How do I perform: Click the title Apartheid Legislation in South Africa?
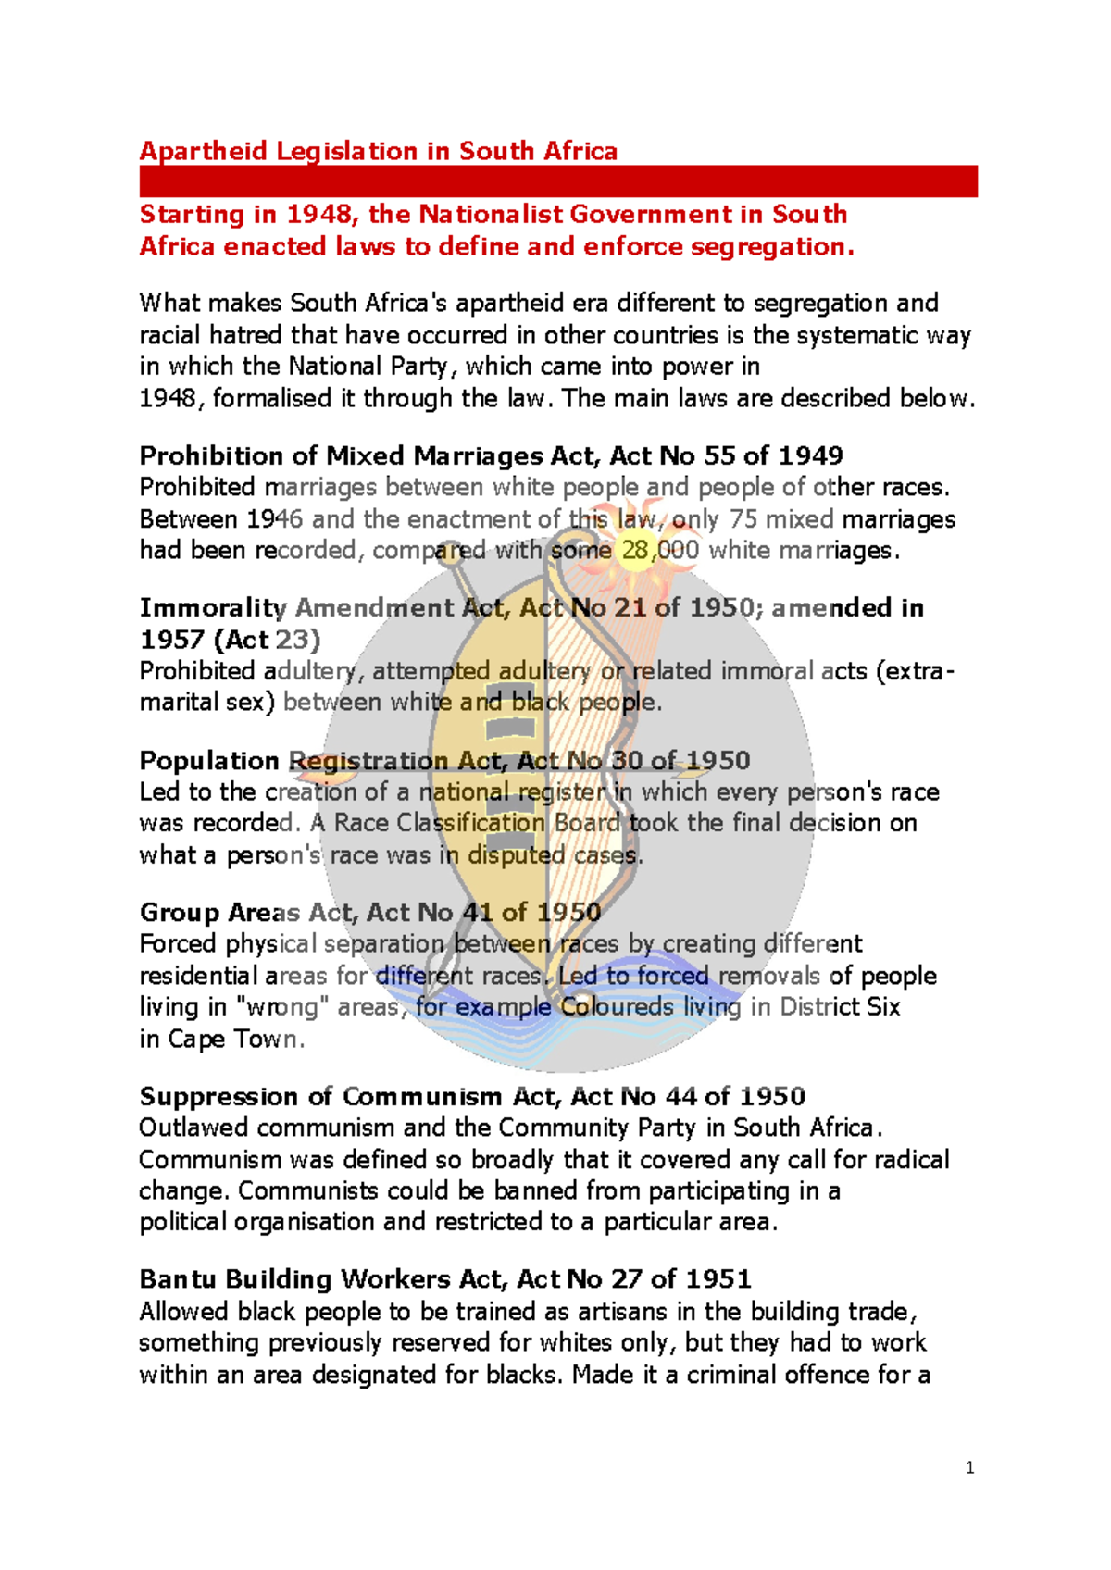(378, 151)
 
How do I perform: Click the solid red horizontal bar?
(557, 181)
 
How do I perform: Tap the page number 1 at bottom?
(969, 1467)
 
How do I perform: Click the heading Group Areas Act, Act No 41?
(370, 912)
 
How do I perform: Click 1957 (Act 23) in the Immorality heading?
(230, 640)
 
